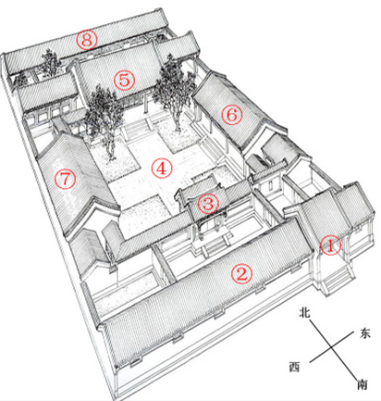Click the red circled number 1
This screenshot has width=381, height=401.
click(330, 245)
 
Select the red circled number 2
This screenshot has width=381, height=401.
click(242, 273)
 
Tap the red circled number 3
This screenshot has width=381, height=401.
click(208, 204)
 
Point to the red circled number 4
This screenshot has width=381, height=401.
click(162, 169)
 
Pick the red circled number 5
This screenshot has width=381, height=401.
click(125, 80)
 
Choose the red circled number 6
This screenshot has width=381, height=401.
click(232, 115)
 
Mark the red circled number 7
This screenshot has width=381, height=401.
click(65, 179)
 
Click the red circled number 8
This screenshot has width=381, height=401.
click(87, 39)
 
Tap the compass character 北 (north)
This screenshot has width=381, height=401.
click(304, 313)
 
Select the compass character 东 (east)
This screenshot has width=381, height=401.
click(364, 333)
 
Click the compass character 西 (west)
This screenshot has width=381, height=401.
click(294, 367)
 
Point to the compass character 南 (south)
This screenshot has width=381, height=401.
click(363, 384)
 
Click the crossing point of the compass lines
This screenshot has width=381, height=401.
click(332, 347)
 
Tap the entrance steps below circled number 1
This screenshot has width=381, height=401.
click(337, 280)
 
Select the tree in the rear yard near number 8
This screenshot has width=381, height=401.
click(50, 63)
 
